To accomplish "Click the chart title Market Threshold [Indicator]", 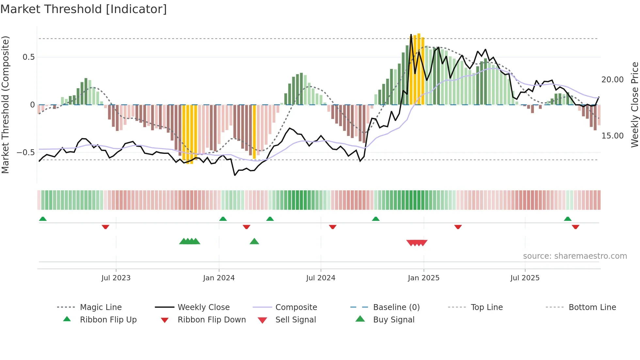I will [x=84, y=9].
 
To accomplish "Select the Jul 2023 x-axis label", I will [x=116, y=278].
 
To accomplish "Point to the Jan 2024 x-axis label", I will [x=219, y=278].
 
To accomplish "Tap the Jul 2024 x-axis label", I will [x=321, y=278].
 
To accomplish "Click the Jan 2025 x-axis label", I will [x=424, y=278].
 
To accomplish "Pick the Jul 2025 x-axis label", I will [x=525, y=278].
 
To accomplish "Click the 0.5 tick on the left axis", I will [x=28, y=57].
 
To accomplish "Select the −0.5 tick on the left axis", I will [x=26, y=153].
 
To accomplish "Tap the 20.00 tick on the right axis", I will [x=612, y=80].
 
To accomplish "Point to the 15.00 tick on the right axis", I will [x=612, y=136].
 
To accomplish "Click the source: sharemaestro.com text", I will [x=575, y=256].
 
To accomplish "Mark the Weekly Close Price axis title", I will [x=634, y=105].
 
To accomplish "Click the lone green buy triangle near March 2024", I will [x=254, y=242].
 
